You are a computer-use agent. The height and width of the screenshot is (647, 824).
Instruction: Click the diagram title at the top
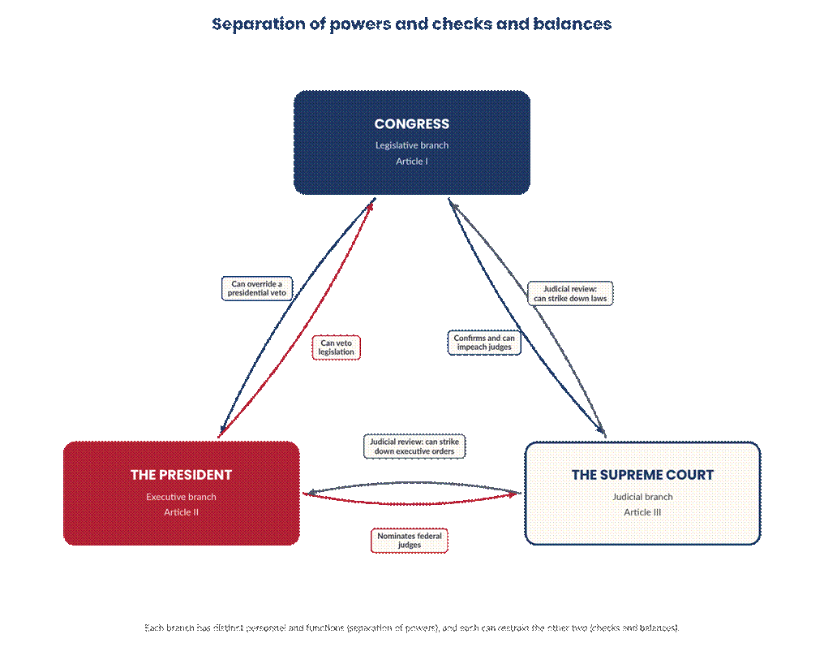pyautogui.click(x=411, y=24)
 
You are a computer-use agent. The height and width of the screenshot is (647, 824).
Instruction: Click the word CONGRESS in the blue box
pyautogui.click(x=411, y=123)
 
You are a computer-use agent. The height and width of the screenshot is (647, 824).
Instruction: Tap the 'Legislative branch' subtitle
pyautogui.click(x=411, y=145)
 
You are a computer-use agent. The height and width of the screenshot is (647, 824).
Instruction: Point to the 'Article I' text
pyautogui.click(x=411, y=161)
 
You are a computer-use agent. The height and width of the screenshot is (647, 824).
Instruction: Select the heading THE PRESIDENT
pyautogui.click(x=181, y=475)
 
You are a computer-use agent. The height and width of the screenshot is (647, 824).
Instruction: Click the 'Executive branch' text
pyautogui.click(x=181, y=497)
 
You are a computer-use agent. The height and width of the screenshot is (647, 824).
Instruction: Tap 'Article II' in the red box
pyautogui.click(x=181, y=511)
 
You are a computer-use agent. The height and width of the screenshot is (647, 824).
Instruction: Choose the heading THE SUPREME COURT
pyautogui.click(x=642, y=475)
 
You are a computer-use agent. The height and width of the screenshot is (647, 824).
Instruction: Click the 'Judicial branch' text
pyautogui.click(x=642, y=497)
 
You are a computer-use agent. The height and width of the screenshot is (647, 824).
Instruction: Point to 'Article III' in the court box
pyautogui.click(x=642, y=511)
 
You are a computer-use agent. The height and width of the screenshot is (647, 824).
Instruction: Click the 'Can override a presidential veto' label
pyautogui.click(x=256, y=288)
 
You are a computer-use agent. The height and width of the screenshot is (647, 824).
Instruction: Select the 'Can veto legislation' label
pyautogui.click(x=336, y=347)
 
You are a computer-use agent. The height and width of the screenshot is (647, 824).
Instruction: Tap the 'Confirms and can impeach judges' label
pyautogui.click(x=484, y=343)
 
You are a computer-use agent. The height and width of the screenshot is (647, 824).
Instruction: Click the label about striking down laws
pyautogui.click(x=570, y=294)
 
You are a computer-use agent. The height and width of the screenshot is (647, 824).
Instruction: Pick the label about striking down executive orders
pyautogui.click(x=414, y=446)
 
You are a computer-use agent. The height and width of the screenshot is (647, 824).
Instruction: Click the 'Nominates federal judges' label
pyautogui.click(x=410, y=540)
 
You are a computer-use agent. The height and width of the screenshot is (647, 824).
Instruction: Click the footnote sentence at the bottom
pyautogui.click(x=411, y=628)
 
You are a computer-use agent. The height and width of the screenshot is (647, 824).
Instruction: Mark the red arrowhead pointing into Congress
pyautogui.click(x=371, y=206)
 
